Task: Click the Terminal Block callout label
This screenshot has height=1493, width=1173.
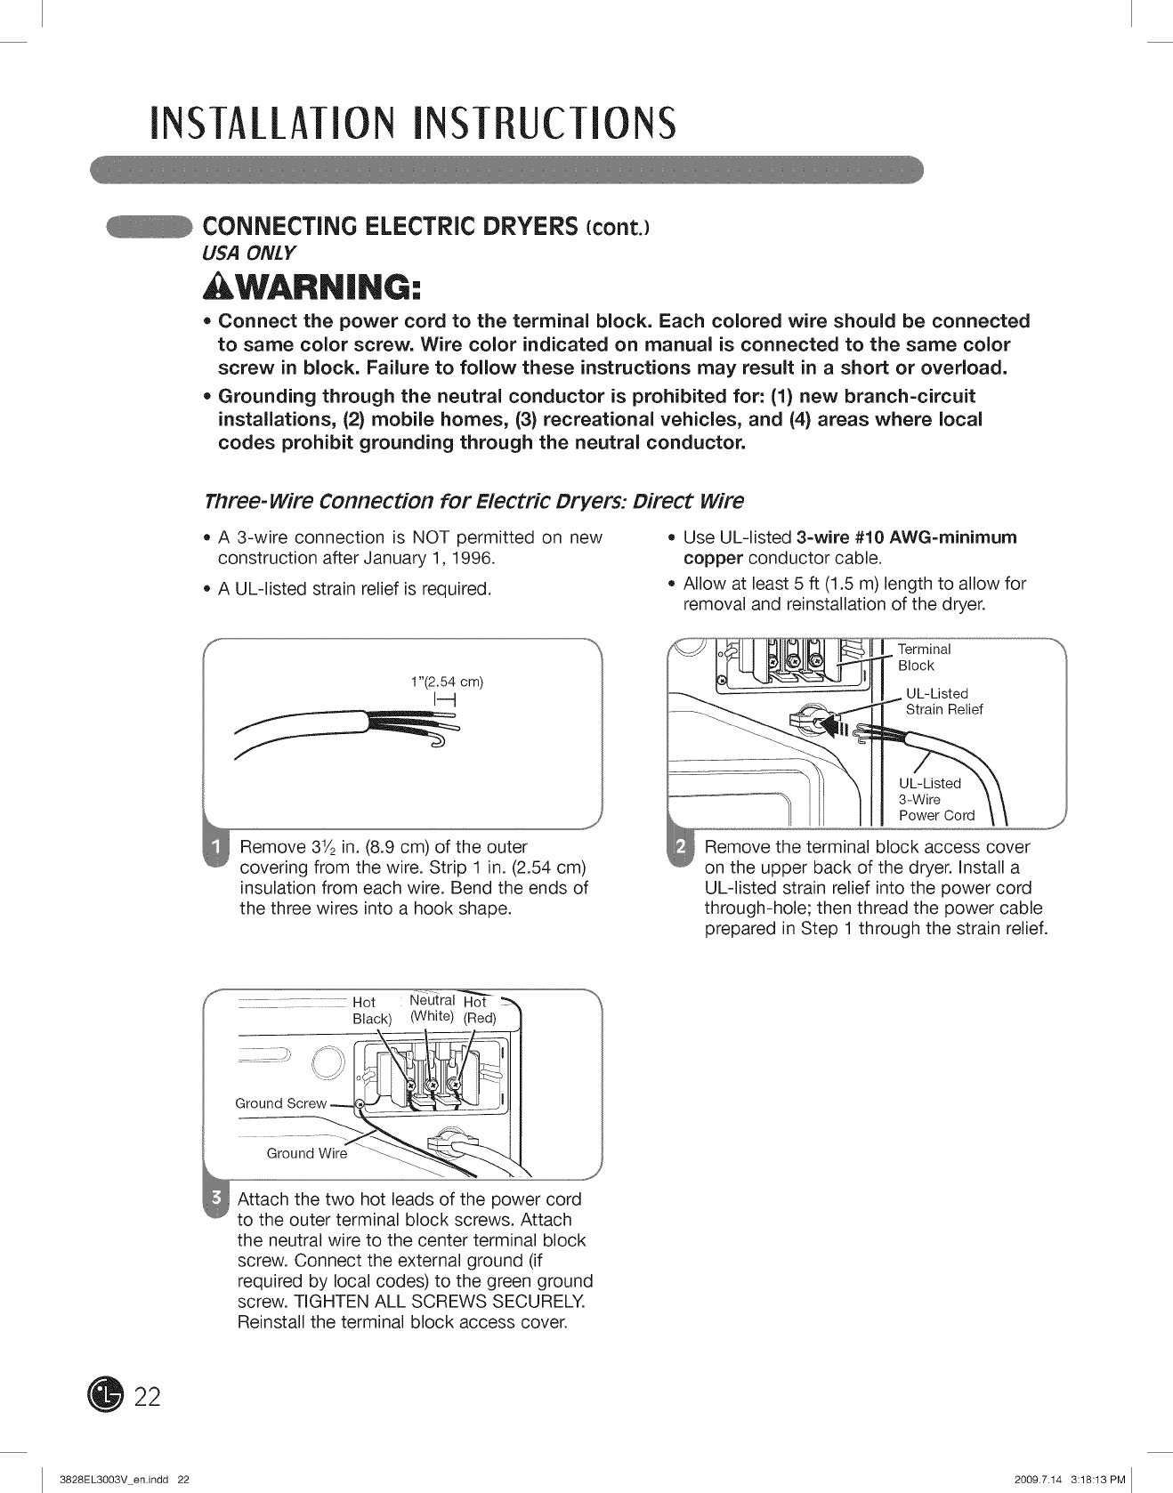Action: [x=924, y=658]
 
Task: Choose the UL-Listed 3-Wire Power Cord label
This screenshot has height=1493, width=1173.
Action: [x=936, y=799]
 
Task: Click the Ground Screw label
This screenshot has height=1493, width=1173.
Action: [x=280, y=1103]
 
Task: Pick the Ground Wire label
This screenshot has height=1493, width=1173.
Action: [x=306, y=1153]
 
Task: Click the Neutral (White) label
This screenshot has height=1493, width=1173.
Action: [x=432, y=1008]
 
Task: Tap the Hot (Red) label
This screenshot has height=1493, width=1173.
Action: [x=478, y=1010]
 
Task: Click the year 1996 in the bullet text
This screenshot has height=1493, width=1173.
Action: [x=473, y=559]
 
